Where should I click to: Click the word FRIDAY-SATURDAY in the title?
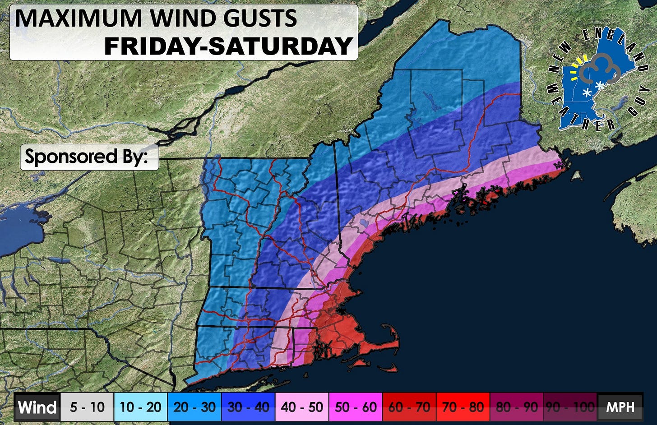[228, 46]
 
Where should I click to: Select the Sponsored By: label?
[89, 157]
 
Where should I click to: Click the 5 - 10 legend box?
[87, 407]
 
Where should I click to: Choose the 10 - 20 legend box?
[141, 407]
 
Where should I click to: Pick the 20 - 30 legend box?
[194, 407]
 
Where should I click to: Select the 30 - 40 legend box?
[248, 407]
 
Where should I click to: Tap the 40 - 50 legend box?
[302, 407]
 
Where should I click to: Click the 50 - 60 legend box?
[356, 407]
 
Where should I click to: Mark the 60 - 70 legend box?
[409, 407]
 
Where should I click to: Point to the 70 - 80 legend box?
[463, 407]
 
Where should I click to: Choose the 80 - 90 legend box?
[517, 407]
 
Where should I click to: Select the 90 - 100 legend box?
[570, 407]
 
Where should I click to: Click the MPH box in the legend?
[620, 407]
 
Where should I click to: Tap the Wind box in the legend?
[37, 407]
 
